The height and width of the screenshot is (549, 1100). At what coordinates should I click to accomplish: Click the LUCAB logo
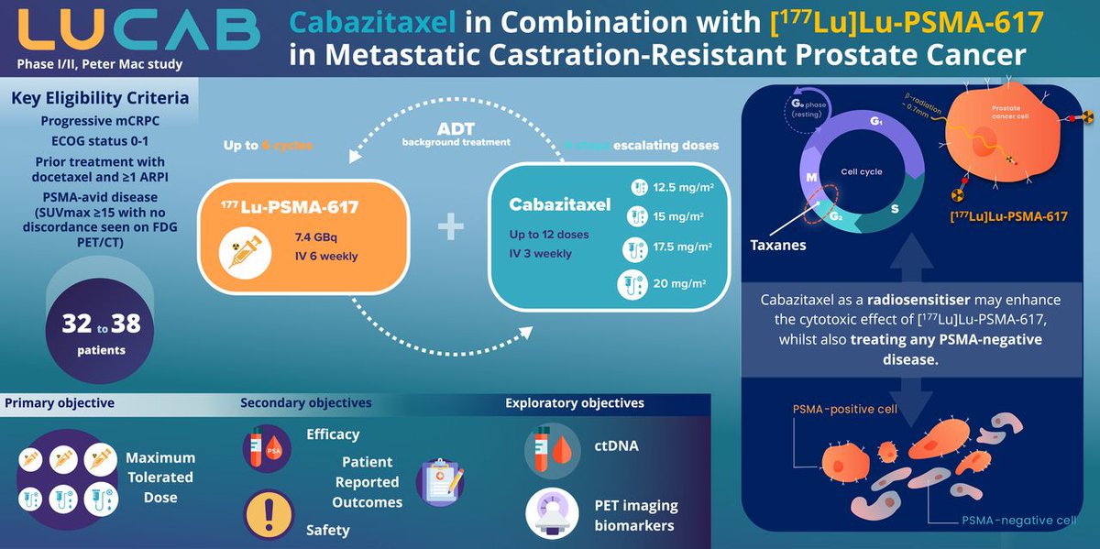click(x=137, y=29)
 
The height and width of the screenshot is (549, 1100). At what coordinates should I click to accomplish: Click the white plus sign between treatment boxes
click(x=449, y=228)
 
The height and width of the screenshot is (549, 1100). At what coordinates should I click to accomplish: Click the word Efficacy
click(x=334, y=434)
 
